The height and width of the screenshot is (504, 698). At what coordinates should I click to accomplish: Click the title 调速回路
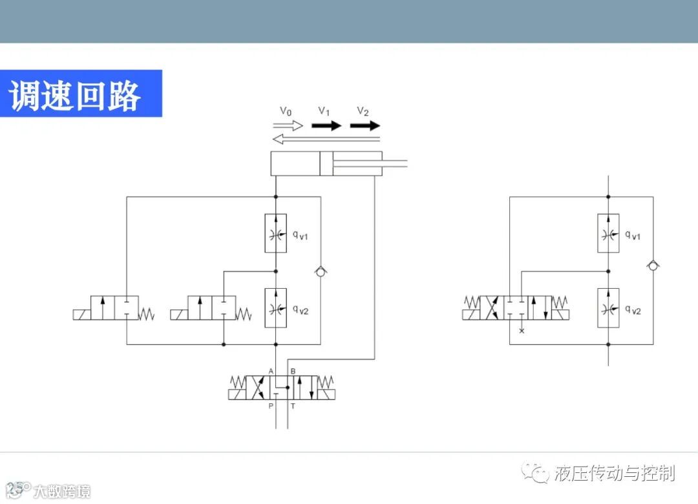pos(75,96)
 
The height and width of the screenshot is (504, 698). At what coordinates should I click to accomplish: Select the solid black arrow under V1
pos(326,125)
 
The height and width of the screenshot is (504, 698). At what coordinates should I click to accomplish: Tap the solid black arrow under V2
pos(365,125)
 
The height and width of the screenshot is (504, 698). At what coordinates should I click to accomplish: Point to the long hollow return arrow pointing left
pos(326,138)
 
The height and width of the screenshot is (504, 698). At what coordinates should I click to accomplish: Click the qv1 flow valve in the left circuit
pos(276,233)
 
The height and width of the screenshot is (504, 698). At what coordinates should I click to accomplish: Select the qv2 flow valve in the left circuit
pos(276,308)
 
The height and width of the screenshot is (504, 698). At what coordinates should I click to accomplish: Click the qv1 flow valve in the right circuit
pos(608,233)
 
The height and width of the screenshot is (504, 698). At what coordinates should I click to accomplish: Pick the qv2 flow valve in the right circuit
pos(608,308)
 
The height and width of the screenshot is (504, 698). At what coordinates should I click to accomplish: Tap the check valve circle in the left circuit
pos(321,271)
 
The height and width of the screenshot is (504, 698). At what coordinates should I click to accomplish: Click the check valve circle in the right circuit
pos(653,265)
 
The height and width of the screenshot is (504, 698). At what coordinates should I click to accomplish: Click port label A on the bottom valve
pos(271,371)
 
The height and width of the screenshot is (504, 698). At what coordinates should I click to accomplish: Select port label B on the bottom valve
pos(293,371)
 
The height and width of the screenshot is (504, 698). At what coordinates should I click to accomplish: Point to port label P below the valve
pos(271,406)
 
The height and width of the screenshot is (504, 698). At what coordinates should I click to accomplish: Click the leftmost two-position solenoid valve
pos(114,308)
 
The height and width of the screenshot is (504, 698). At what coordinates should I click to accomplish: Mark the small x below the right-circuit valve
pos(522,331)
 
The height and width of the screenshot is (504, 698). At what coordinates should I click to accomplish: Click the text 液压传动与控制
pos(614,473)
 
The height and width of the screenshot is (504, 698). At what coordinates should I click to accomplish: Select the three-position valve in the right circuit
pos(517,308)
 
